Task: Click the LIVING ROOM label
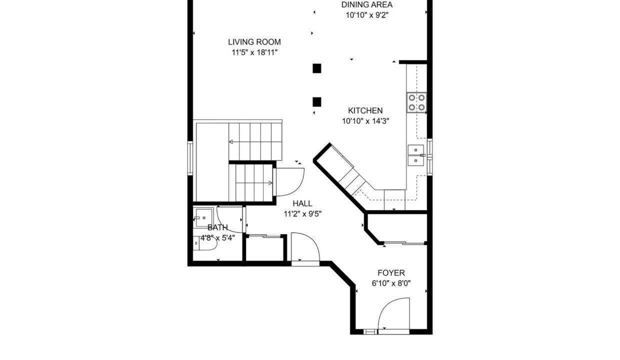(x=254, y=42)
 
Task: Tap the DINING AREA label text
(x=366, y=4)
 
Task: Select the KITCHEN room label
(x=365, y=110)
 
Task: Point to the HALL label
(x=302, y=203)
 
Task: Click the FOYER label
(x=391, y=273)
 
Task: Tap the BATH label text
(x=217, y=227)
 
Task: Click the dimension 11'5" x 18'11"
(x=254, y=52)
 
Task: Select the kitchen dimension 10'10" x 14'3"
(x=365, y=121)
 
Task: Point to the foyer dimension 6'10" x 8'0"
(x=391, y=283)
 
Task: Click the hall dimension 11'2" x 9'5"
(x=302, y=214)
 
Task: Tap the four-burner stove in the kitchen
(x=416, y=102)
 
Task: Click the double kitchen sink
(x=415, y=155)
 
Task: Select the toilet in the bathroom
(x=204, y=243)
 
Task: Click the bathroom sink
(x=203, y=217)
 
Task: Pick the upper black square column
(x=317, y=68)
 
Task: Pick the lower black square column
(x=317, y=102)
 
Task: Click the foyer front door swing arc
(x=385, y=306)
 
